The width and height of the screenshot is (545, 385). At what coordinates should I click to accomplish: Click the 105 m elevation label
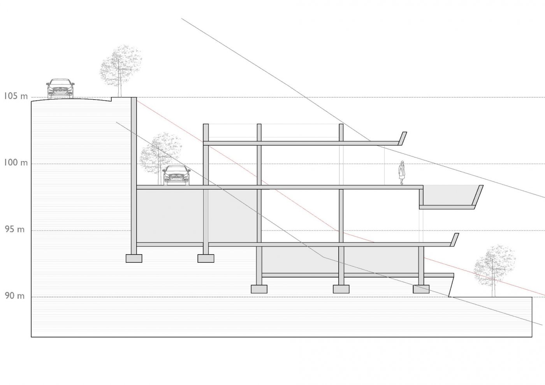coord(16,96)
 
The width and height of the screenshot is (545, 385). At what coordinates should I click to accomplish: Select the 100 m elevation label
coord(16,162)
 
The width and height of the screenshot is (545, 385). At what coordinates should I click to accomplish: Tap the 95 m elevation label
coord(15,229)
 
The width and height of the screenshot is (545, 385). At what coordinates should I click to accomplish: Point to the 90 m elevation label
coord(15,296)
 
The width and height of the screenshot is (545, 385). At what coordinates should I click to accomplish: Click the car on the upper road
coord(60,88)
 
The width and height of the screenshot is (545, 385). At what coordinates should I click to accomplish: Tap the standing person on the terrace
coord(401,173)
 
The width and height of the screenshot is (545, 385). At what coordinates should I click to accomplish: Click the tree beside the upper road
coord(120,71)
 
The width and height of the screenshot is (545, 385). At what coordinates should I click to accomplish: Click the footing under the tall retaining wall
coord(134,258)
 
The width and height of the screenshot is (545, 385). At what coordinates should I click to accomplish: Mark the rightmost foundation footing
coord(421,289)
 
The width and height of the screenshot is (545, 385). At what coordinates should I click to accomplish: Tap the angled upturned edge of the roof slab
coord(402,139)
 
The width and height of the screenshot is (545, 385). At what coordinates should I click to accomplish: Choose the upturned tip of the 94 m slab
coord(454,240)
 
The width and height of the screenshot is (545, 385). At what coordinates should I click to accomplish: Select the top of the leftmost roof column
coord(206,124)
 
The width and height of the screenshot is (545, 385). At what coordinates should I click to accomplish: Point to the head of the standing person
coord(402,163)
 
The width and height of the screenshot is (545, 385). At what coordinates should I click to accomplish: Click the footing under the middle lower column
coord(341,289)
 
